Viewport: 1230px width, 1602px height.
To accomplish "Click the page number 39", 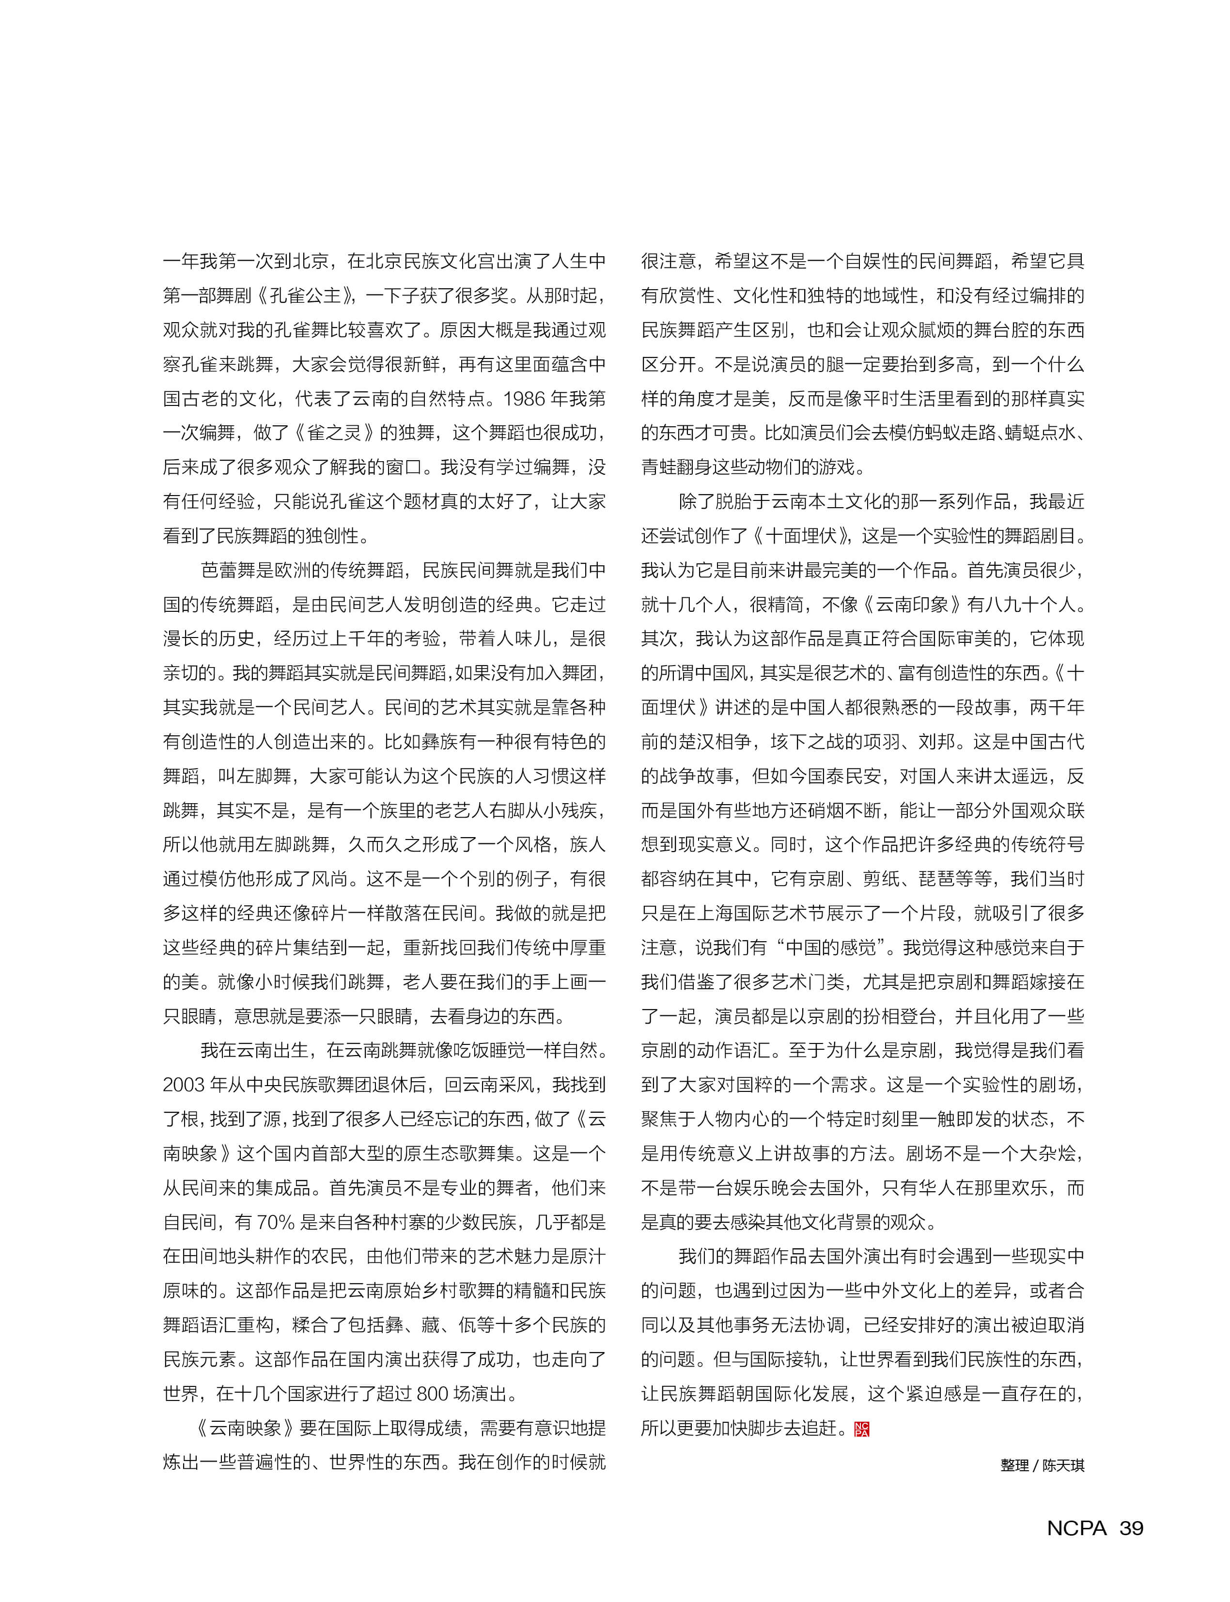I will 1131,1527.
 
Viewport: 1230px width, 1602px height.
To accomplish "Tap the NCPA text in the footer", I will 1076,1527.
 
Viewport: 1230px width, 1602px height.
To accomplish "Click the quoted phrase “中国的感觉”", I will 830,948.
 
